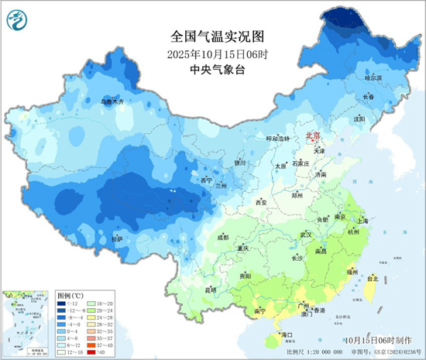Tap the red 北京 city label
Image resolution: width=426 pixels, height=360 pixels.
pyautogui.click(x=314, y=134)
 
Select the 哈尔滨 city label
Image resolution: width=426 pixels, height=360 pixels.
pyautogui.click(x=373, y=78)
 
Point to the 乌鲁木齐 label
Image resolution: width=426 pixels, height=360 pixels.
pyautogui.click(x=112, y=101)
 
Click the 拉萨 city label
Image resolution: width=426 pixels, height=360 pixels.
pyautogui.click(x=117, y=239)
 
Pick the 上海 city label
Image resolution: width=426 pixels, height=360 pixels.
pyautogui.click(x=369, y=220)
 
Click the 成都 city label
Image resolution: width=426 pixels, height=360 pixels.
pyautogui.click(x=223, y=237)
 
